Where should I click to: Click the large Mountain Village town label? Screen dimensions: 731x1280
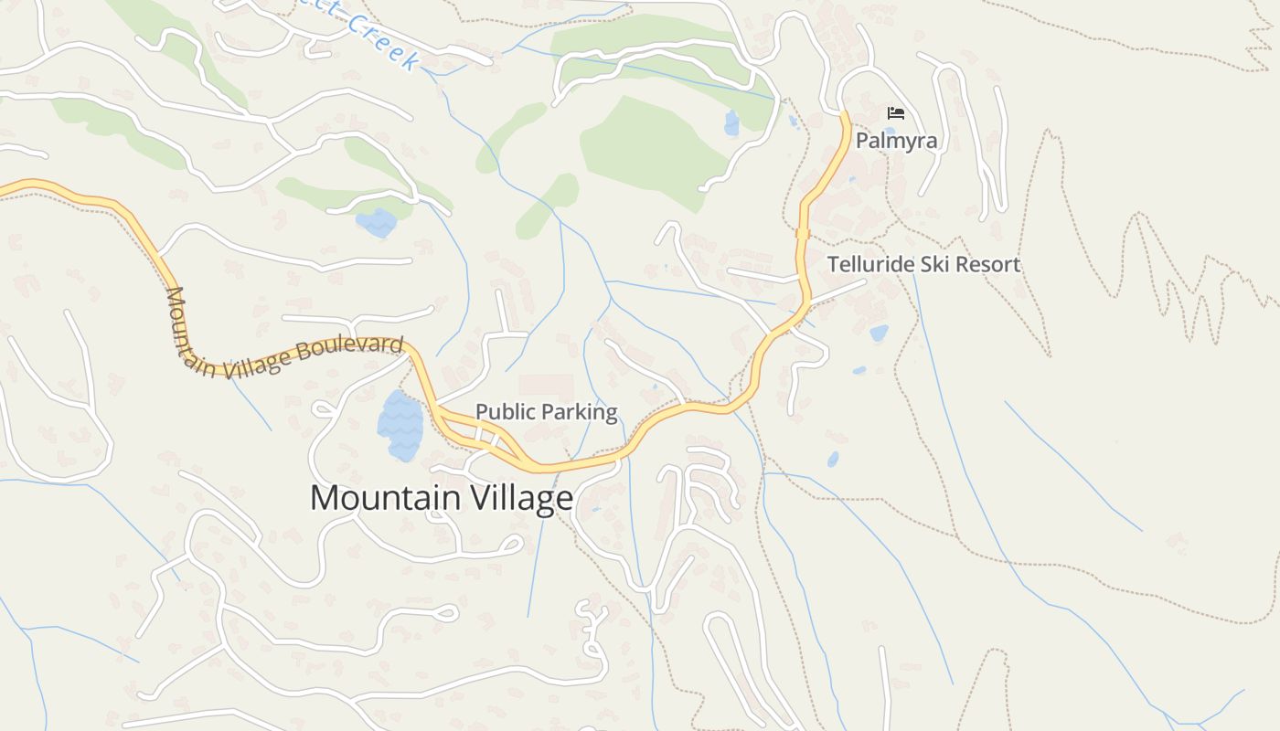click(442, 498)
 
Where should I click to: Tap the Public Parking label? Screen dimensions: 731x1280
click(547, 412)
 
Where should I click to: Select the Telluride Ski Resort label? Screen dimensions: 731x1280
click(923, 265)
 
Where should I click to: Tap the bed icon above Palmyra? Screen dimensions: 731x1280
click(896, 113)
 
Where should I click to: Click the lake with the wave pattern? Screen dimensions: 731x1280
click(400, 426)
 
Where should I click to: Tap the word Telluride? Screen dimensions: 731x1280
click(873, 265)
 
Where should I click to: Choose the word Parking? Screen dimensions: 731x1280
click(581, 412)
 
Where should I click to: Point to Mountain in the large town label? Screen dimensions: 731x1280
click(385, 498)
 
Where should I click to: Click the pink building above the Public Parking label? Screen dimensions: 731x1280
click(546, 386)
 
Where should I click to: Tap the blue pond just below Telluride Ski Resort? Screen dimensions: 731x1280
click(879, 334)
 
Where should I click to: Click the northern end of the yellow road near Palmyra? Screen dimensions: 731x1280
click(844, 117)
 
